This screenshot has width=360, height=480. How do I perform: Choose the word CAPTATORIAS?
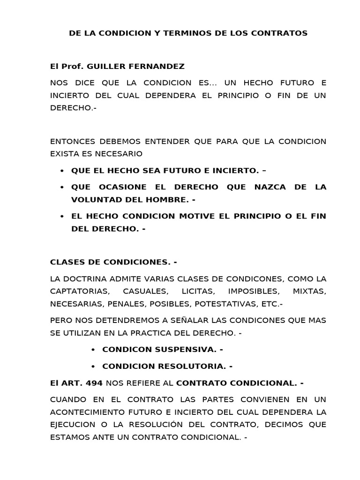76,291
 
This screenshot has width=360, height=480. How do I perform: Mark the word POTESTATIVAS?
220,303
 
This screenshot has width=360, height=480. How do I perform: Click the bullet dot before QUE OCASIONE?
62,187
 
